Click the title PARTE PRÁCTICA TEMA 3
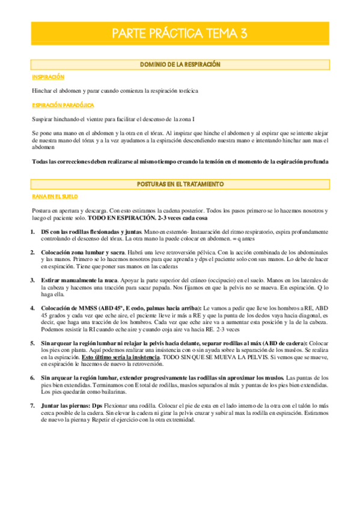(x=180, y=34)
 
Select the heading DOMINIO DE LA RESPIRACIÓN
(x=180, y=64)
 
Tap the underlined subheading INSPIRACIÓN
(x=48, y=78)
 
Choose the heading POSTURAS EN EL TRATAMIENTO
(x=180, y=183)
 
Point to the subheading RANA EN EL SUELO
(x=55, y=196)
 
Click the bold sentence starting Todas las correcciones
(x=180, y=162)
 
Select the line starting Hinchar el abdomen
(x=115, y=91)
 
